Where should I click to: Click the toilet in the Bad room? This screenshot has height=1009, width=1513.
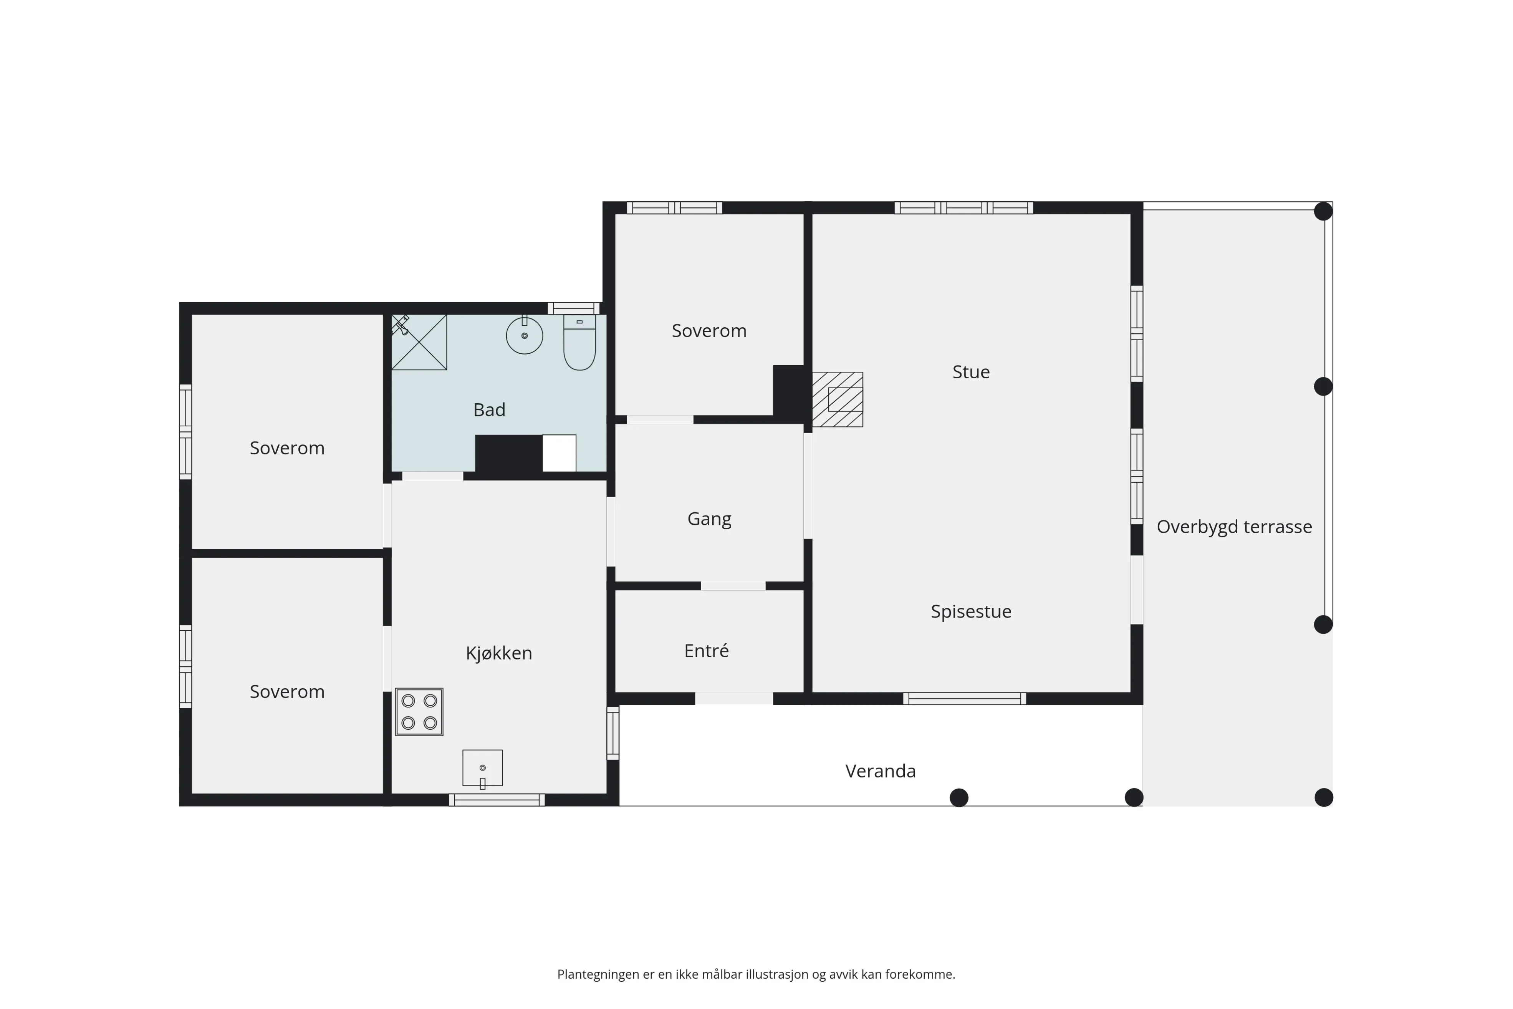click(579, 342)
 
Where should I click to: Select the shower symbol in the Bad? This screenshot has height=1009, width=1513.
click(419, 342)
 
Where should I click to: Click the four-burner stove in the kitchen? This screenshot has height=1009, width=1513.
click(419, 712)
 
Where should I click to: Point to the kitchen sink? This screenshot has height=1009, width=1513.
click(482, 768)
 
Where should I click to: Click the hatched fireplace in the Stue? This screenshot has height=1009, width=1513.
click(838, 399)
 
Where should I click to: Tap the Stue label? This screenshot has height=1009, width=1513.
click(971, 372)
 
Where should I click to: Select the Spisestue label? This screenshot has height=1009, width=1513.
click(971, 611)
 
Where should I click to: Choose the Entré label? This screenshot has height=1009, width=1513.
click(706, 651)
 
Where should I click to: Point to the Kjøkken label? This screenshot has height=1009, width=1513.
click(498, 653)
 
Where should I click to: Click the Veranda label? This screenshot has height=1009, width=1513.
click(880, 771)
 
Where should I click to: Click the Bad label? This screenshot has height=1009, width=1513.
click(489, 410)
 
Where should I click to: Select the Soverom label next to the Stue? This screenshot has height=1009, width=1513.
click(709, 331)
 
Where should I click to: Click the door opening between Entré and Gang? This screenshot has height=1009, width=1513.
click(733, 586)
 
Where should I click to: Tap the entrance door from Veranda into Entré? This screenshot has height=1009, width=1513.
click(734, 698)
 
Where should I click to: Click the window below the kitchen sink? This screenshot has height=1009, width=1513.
click(497, 800)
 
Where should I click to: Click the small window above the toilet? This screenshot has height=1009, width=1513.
click(574, 308)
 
